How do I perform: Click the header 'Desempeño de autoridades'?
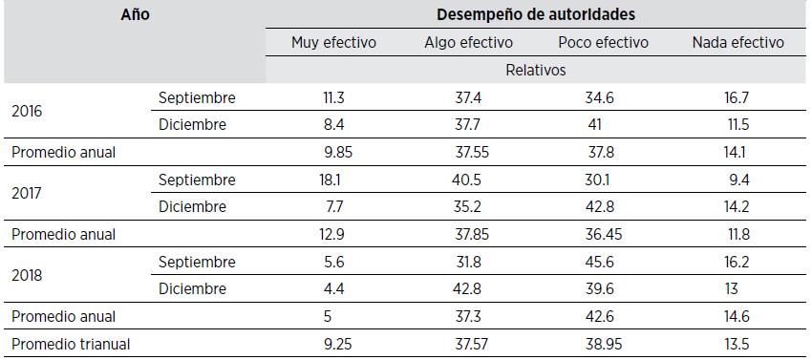[x=536, y=14]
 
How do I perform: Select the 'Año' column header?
[x=136, y=14]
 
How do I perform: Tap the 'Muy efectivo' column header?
[x=333, y=42]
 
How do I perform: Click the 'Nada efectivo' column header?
[x=738, y=42]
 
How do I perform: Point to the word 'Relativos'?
[x=537, y=70]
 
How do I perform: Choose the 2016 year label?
[x=27, y=111]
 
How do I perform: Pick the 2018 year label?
[x=27, y=276]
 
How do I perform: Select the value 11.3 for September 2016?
[x=334, y=97]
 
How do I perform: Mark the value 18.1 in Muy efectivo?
[x=334, y=180]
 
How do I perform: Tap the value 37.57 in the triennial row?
[x=468, y=345]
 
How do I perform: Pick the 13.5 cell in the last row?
[x=738, y=345]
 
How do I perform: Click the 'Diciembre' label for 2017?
[x=194, y=207]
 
